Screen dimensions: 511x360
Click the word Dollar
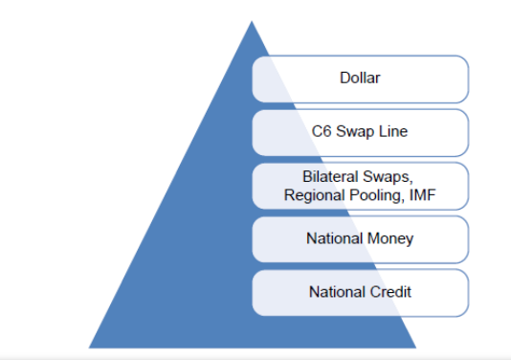coord(360,78)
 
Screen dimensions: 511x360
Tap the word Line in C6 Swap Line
coord(393,131)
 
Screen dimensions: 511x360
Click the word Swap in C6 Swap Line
coord(356,133)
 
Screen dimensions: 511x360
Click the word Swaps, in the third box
coord(389,178)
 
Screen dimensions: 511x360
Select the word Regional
coord(315,196)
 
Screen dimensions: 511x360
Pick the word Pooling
coord(377,196)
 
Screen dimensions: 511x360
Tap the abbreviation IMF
coord(422,195)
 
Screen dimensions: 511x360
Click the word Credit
coord(390,291)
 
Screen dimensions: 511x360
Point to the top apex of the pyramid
coord(252,21)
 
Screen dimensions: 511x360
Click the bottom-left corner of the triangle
coord(89,348)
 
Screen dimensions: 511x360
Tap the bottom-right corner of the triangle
coord(416,348)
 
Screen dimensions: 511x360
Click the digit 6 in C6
coord(326,131)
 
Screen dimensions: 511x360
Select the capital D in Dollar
coord(344,78)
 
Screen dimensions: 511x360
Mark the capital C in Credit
coord(375,291)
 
